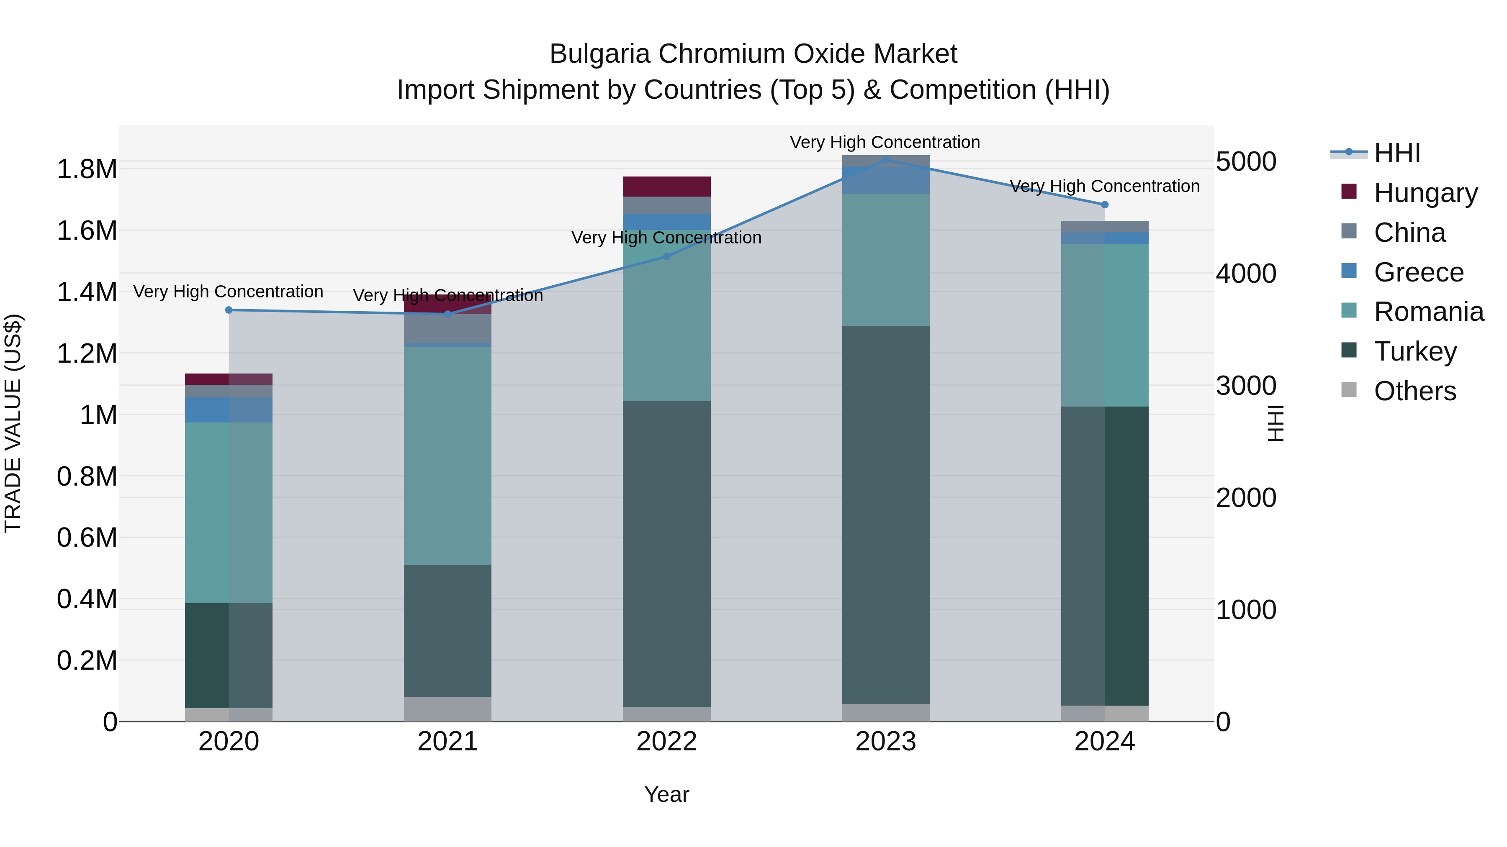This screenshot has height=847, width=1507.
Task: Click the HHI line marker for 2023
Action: tap(886, 160)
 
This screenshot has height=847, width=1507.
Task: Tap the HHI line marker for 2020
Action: tap(229, 310)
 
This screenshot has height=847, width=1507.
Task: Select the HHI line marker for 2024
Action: tap(1105, 205)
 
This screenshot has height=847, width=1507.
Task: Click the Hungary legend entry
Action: tap(1425, 192)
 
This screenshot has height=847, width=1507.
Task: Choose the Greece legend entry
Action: tap(1418, 272)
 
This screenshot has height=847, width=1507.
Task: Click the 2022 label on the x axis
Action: tap(666, 741)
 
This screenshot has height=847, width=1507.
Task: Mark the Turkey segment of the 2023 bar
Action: tap(886, 514)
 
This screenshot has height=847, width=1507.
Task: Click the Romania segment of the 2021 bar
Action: tap(447, 456)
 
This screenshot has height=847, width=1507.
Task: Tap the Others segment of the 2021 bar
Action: tap(447, 709)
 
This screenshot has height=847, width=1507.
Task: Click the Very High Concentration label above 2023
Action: tap(885, 142)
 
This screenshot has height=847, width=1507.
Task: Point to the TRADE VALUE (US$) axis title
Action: tap(13, 423)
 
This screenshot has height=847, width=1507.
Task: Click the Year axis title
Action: tap(666, 794)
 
